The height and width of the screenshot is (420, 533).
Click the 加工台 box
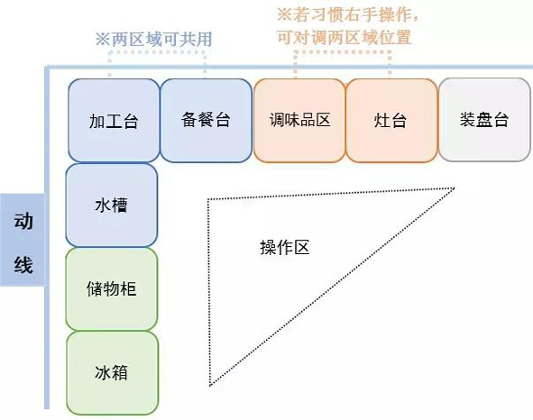[x=114, y=120]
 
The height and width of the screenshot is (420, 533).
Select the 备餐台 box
[x=206, y=120]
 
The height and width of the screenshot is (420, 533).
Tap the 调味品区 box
[x=299, y=120]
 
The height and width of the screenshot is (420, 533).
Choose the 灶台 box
[x=391, y=120]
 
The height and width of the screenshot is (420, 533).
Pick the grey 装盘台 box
[x=484, y=120]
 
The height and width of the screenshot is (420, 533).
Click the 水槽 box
[x=112, y=205]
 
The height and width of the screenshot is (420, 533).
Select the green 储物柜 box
[x=112, y=288]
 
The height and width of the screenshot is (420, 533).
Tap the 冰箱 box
[x=112, y=373]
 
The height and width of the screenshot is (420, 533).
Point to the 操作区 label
[x=285, y=247]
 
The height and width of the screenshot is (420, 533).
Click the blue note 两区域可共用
[x=161, y=40]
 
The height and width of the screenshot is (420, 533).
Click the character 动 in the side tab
[x=23, y=222]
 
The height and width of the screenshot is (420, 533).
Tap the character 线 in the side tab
[x=23, y=265]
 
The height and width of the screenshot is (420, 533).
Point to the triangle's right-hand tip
[x=455, y=187]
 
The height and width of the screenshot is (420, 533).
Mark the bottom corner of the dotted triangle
[x=210, y=386]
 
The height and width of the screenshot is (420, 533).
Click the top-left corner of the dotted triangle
[x=208, y=200]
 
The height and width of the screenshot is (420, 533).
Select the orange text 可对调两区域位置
[x=344, y=37]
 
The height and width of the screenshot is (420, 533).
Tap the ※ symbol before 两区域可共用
[x=103, y=40]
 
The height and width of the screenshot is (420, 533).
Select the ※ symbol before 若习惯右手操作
[x=284, y=14]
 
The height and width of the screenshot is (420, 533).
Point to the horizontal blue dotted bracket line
[x=157, y=52]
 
